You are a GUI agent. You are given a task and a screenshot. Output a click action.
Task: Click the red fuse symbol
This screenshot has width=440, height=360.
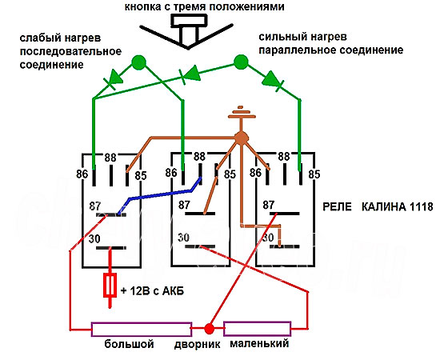tap(110, 286)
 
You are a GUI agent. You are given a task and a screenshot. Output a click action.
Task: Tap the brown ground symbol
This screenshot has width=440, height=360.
tap(241, 113)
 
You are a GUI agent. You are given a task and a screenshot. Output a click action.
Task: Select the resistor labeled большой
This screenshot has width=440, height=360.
tap(142, 329)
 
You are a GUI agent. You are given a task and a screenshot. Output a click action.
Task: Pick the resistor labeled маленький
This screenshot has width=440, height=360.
tap(258, 329)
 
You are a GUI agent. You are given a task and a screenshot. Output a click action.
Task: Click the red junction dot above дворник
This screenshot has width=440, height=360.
tap(209, 329)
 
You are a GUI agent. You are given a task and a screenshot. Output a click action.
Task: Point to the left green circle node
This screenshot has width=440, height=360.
tap(138, 62)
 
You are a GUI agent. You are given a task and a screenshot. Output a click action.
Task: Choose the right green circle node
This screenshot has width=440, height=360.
tap(241, 62)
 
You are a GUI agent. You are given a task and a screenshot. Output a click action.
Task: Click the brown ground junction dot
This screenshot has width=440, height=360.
tap(241, 138)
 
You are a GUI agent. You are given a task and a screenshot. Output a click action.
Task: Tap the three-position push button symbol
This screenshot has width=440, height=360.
tap(188, 31)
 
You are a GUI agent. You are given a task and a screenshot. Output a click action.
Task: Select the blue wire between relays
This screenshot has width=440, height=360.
tap(160, 195)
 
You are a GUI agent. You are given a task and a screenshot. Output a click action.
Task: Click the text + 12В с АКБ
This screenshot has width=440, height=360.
tap(152, 291)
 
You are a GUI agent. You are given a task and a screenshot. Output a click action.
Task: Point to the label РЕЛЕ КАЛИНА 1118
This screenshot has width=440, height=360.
tap(378, 207)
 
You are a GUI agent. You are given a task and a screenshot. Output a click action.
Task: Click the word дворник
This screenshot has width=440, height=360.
tap(198, 344)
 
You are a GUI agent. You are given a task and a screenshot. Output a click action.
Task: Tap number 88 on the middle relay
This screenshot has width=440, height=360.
tap(199, 157)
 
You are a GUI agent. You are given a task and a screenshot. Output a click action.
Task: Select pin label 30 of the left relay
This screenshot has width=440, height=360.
tap(94, 239)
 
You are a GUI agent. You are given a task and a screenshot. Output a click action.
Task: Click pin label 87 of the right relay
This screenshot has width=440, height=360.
tap(269, 205)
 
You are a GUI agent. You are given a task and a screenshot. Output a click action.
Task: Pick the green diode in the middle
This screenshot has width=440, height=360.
tap(191, 74)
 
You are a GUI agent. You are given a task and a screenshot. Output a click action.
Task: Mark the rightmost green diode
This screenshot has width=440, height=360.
tap(273, 80)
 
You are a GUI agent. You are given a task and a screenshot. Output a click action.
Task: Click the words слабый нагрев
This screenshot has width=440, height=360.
tap(60, 38)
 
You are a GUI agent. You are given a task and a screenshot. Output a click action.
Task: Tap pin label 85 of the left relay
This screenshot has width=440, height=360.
tap(141, 176)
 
